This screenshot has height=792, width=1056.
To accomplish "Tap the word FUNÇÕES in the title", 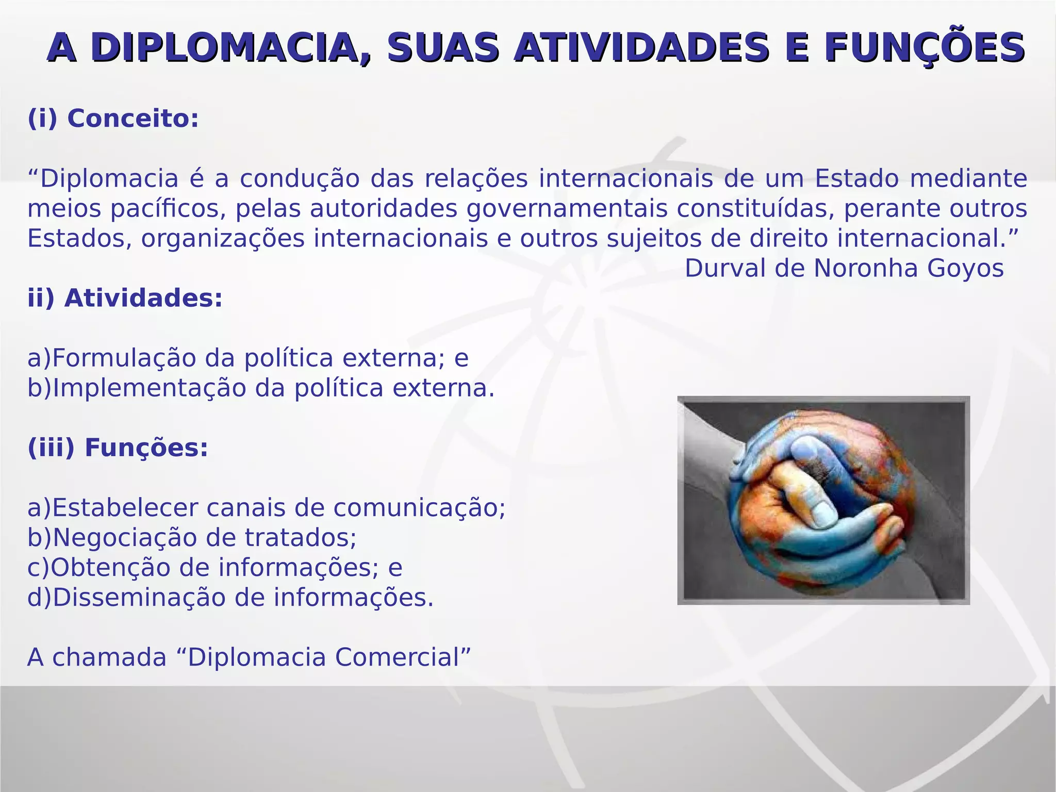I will [923, 47].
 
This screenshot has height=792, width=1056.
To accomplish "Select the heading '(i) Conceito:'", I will [113, 118].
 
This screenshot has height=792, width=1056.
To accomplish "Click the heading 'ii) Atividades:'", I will [125, 298].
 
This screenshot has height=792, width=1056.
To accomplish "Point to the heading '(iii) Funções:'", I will [118, 447].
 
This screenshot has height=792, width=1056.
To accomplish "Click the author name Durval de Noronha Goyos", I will [844, 268].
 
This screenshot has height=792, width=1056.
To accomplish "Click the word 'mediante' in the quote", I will [968, 179].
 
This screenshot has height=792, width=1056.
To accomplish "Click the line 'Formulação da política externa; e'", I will [247, 358].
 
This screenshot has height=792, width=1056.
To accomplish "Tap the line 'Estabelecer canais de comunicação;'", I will [266, 507].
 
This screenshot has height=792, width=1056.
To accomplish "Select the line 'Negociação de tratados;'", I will [192, 537].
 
